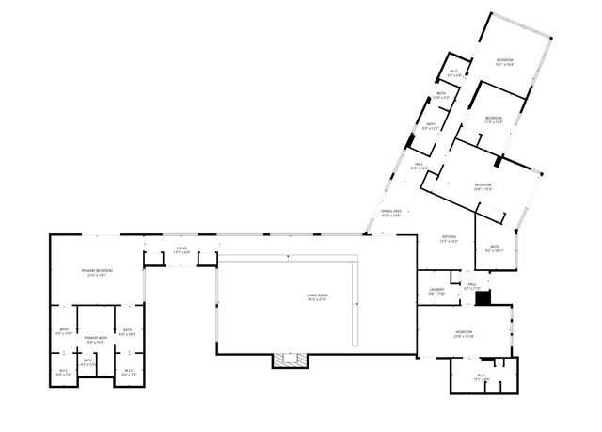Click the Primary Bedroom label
98,273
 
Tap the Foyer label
182,250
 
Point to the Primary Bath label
95,339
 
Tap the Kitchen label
449,239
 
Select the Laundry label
436,291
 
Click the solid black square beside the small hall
483,298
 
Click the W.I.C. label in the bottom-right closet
481,378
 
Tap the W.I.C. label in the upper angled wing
453,72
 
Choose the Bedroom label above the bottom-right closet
464,334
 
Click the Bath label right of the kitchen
494,249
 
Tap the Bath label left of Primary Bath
64,331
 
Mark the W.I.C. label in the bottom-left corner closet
62,372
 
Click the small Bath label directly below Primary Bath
87,362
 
